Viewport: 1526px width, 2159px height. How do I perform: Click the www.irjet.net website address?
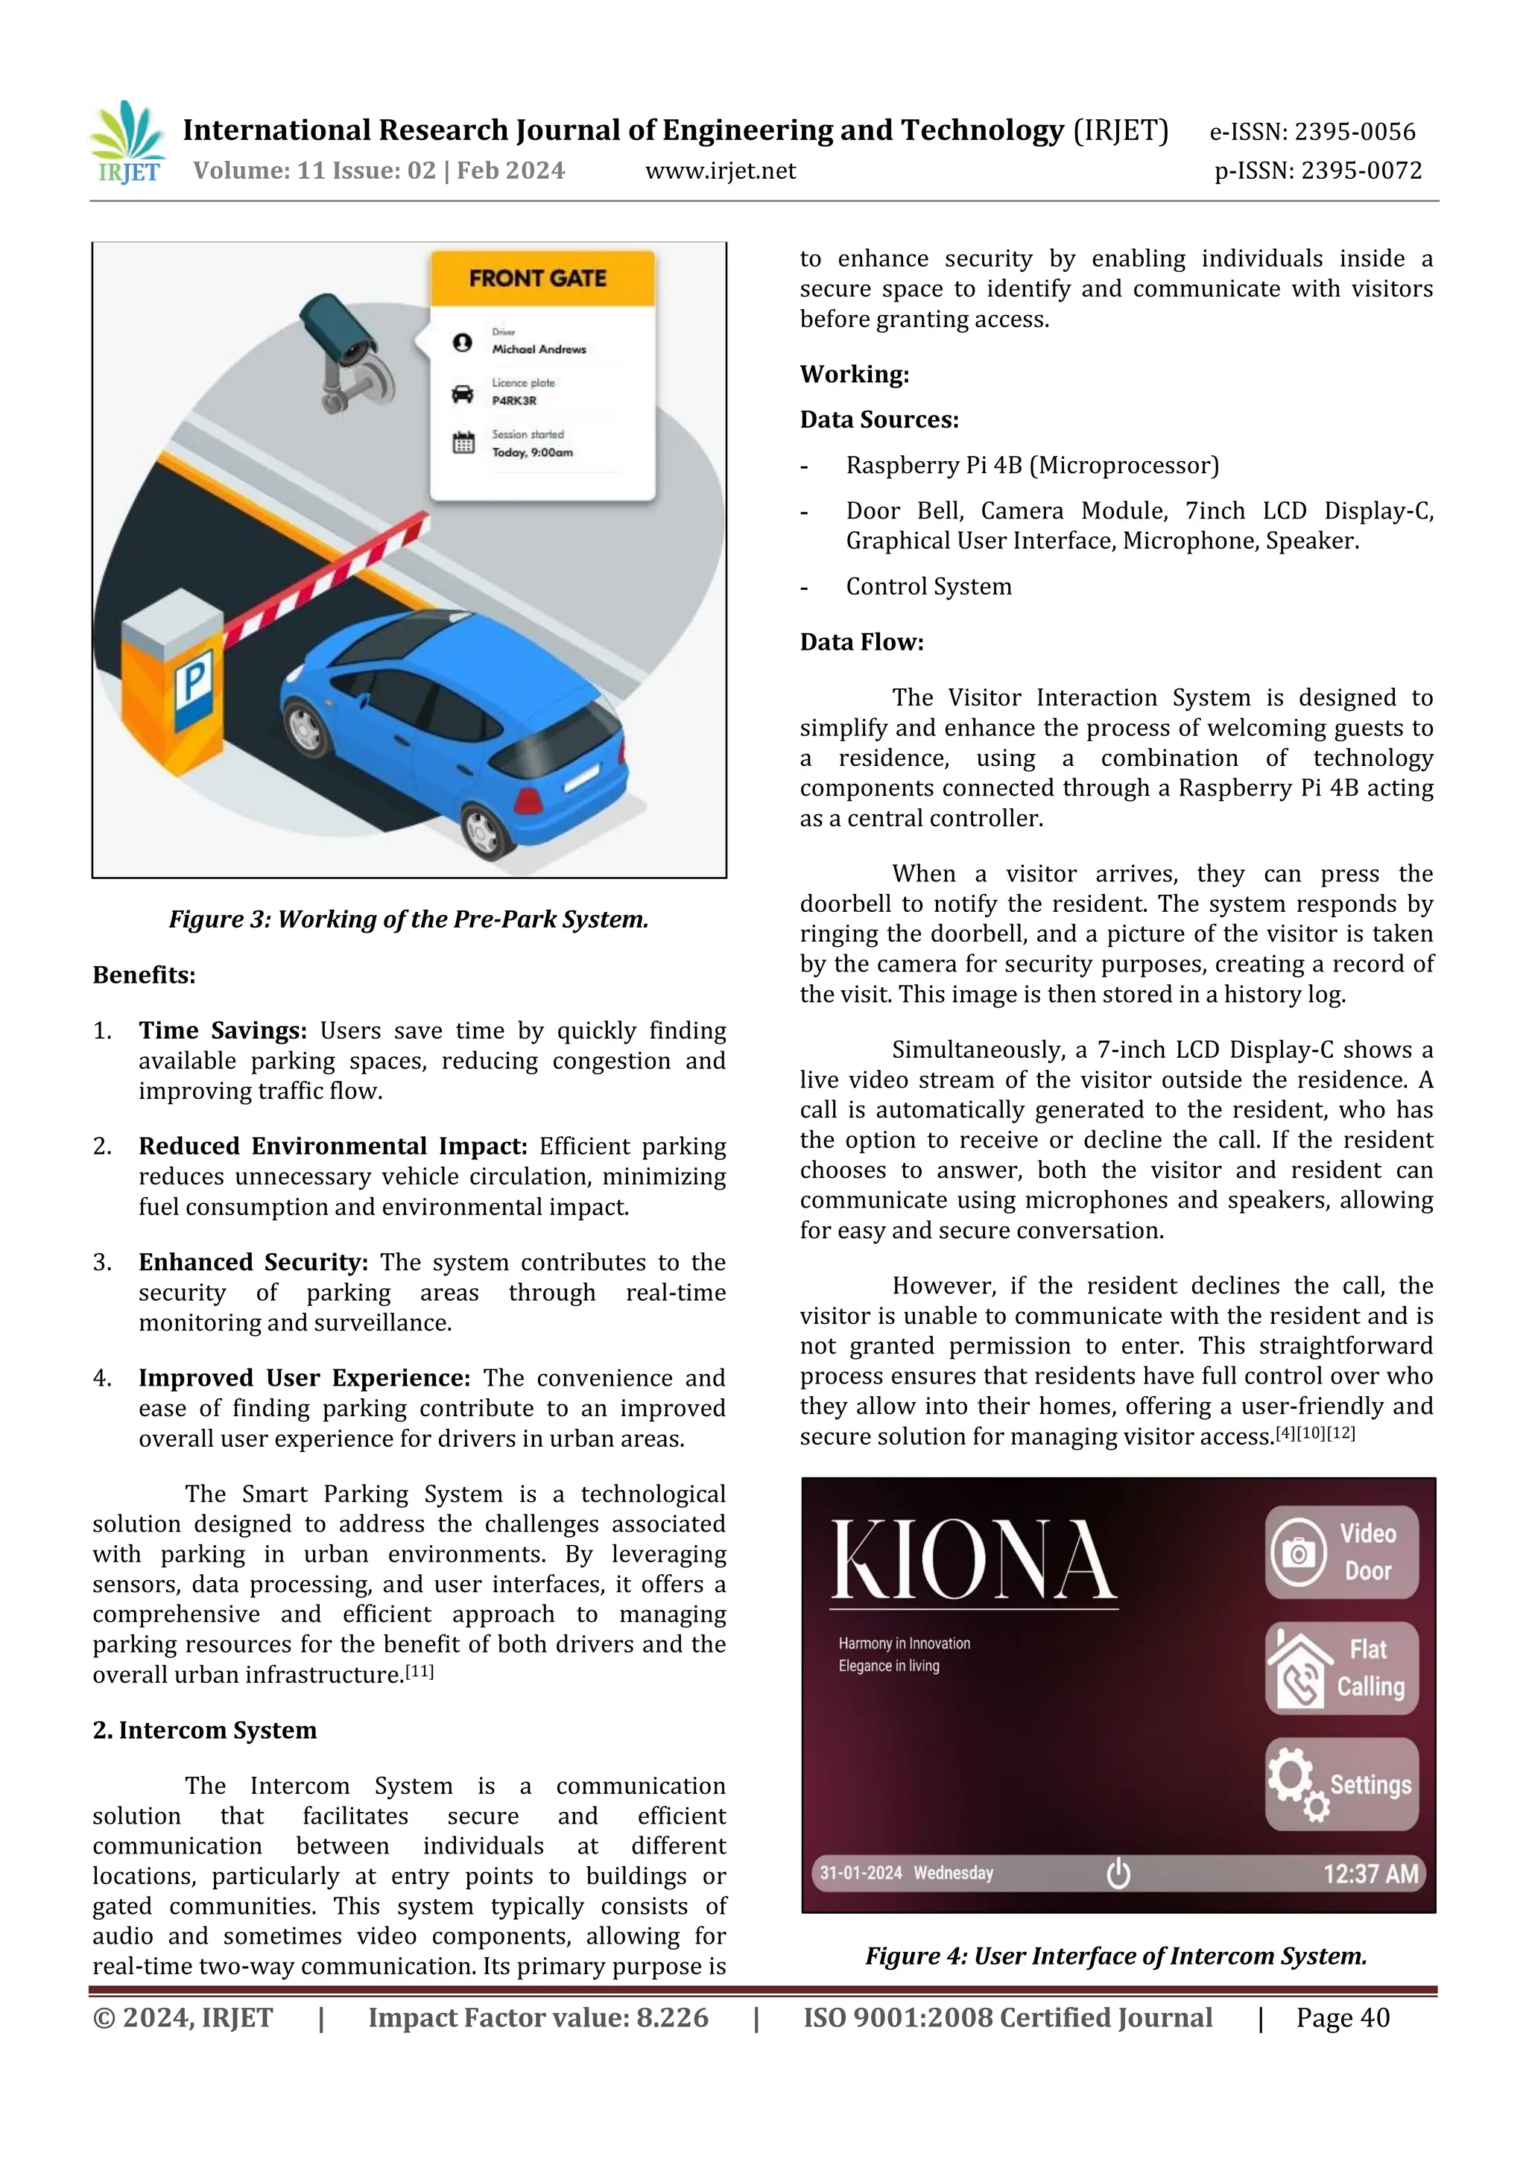[721, 171]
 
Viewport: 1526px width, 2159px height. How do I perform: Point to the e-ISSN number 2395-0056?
[1313, 132]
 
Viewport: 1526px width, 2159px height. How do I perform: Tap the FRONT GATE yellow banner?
[542, 279]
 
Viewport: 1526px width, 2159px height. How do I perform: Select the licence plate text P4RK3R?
[514, 401]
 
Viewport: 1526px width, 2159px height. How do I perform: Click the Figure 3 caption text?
[409, 919]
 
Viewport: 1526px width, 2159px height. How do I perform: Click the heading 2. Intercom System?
[204, 1730]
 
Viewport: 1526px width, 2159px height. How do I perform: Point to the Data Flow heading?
[861, 642]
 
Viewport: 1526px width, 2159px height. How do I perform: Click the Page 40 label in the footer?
[1342, 2018]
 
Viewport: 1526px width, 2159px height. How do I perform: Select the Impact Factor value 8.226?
[538, 2018]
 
